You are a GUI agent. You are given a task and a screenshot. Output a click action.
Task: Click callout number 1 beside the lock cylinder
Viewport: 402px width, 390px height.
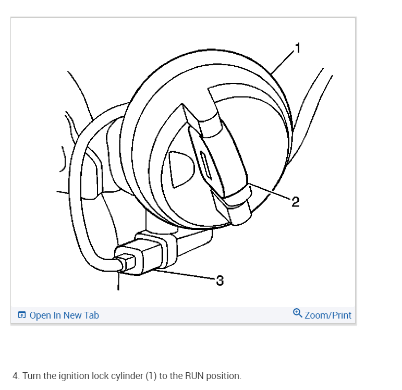pyautogui.click(x=297, y=49)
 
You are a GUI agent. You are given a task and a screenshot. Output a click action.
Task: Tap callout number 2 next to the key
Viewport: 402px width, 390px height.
pyautogui.click(x=295, y=202)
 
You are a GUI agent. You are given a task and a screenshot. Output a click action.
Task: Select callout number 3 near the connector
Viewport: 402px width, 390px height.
pyautogui.click(x=220, y=281)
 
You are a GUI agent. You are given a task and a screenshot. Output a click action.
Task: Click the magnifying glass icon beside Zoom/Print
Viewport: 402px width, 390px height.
pyautogui.click(x=297, y=313)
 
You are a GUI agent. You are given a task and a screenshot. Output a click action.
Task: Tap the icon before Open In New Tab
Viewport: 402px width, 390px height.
pyautogui.click(x=22, y=315)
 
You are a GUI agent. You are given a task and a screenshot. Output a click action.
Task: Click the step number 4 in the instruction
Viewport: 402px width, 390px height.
pyautogui.click(x=15, y=375)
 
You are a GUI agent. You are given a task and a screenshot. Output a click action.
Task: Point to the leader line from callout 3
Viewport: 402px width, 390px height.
pyautogui.click(x=185, y=275)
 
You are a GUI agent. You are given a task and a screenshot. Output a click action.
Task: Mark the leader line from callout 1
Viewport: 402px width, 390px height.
pyautogui.click(x=282, y=63)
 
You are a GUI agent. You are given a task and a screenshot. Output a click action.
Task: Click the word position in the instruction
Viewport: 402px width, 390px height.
pyautogui.click(x=224, y=375)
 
